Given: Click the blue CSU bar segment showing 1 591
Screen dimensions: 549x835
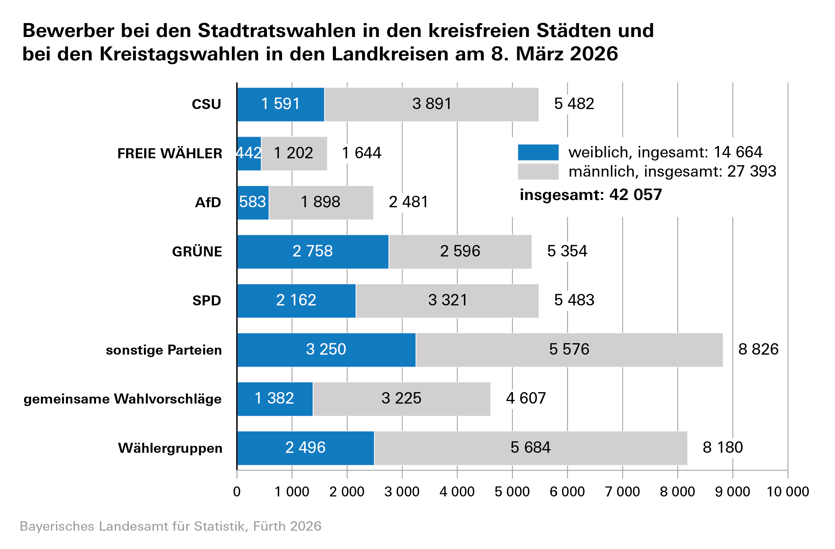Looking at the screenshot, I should [x=281, y=104].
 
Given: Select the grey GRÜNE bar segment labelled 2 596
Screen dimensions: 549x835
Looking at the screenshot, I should [x=460, y=251].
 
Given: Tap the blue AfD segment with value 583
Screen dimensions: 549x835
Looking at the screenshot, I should [x=253, y=202].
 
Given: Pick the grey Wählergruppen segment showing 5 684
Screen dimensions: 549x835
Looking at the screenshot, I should [x=531, y=448].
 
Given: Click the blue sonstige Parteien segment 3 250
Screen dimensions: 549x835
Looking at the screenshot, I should [x=326, y=350].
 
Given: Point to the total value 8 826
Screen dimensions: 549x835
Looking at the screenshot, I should [x=758, y=350].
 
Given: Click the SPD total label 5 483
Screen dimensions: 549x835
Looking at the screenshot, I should [x=574, y=300].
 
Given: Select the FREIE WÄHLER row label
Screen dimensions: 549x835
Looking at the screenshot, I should [x=170, y=154].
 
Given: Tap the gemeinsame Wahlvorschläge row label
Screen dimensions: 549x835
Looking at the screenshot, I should [x=122, y=399].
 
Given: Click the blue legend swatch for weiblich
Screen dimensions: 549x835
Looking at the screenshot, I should [x=538, y=152].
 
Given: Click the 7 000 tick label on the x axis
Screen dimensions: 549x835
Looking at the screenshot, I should [x=622, y=492].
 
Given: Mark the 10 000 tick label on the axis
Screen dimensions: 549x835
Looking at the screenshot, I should [x=788, y=492].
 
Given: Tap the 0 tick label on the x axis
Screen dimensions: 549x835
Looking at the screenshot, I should [x=237, y=492].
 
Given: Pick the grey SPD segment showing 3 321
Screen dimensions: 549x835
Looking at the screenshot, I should [x=448, y=300].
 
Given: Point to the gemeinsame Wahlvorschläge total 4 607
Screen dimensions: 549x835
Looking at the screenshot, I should [x=525, y=399].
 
